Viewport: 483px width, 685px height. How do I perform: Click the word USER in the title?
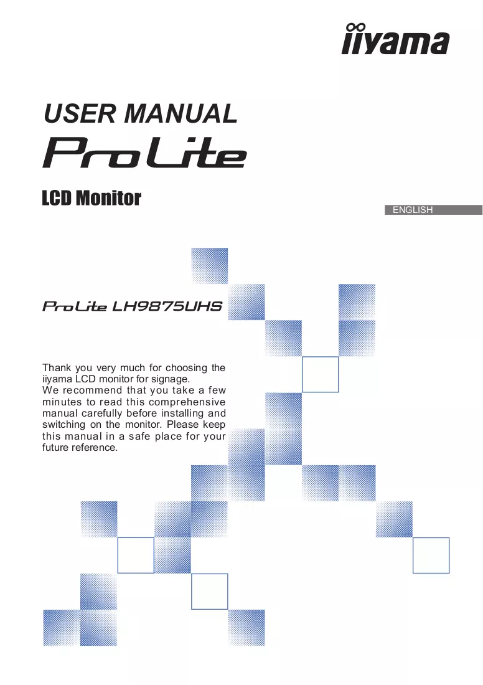(79, 113)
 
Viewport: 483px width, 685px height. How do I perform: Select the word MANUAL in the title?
(181, 113)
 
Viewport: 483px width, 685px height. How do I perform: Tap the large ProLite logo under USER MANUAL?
(144, 153)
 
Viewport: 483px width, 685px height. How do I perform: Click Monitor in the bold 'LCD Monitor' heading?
(108, 198)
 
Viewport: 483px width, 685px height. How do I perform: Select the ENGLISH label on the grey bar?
(413, 210)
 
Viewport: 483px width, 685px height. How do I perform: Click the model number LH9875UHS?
(167, 306)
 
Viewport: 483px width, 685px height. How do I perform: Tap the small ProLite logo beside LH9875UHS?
(75, 306)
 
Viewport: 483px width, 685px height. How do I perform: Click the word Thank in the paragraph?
(57, 367)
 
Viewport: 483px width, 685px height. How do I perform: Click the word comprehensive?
(187, 402)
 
